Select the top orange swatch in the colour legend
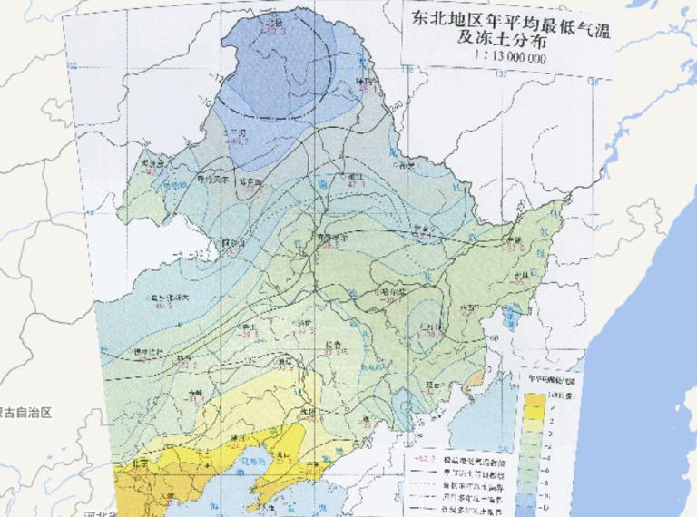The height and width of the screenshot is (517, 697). (533, 400)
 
